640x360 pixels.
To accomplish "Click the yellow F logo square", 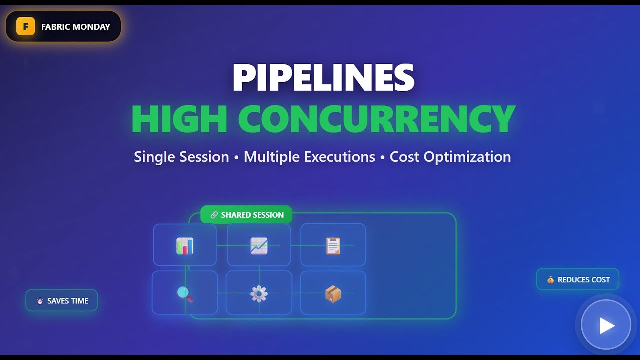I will [25, 27].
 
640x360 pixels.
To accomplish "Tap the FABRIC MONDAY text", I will [75, 27].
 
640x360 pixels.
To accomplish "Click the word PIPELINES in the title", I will [323, 78].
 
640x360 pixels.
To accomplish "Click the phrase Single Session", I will [181, 157].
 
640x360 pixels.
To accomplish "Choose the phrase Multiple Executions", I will [309, 157].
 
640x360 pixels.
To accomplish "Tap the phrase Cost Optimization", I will [450, 157].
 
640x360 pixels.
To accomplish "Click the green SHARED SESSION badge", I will [246, 215].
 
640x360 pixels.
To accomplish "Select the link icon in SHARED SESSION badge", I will [214, 215].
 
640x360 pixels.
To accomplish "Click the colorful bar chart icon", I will [185, 246].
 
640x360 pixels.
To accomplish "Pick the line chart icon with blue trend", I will [259, 246].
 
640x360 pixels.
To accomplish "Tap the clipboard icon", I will [333, 246].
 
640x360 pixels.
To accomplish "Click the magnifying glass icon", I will [185, 294].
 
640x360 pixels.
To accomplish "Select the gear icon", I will [259, 294].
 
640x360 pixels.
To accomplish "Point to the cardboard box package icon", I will [333, 294].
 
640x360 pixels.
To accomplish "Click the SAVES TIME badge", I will [62, 301].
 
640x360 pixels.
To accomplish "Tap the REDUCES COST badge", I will [578, 280].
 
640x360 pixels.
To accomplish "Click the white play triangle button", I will [606, 325].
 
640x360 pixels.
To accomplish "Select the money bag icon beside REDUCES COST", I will [550, 280].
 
